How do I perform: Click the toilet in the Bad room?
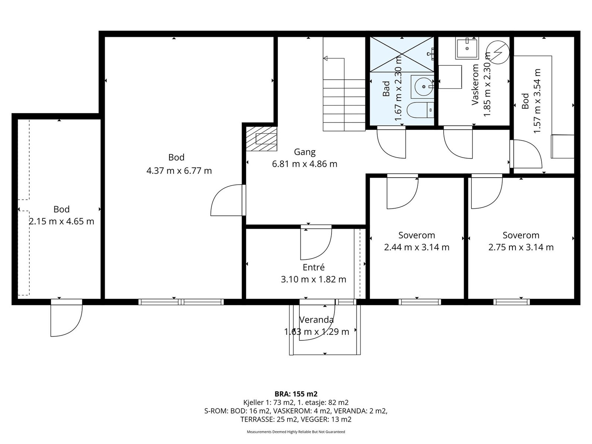(420, 110)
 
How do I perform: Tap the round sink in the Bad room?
(423, 87)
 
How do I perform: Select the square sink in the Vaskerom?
(467, 48)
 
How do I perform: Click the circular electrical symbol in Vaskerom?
(498, 52)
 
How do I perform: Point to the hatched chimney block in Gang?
(262, 139)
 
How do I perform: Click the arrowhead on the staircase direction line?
(325, 58)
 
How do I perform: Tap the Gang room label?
(305, 152)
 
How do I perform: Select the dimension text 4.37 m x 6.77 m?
(179, 171)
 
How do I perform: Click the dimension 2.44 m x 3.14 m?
(417, 247)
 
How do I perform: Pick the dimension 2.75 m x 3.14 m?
(521, 247)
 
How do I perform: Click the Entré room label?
(313, 267)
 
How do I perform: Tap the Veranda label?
(317, 320)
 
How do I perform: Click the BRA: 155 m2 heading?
(296, 394)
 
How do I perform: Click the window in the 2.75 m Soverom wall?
(511, 302)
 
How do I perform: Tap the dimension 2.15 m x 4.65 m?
(61, 221)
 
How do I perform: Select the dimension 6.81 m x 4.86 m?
(305, 164)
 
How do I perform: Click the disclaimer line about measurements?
(296, 431)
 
